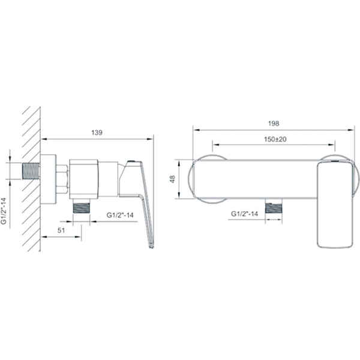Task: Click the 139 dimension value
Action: (x=97, y=133)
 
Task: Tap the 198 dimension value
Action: (x=274, y=124)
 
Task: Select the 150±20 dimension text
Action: (x=275, y=139)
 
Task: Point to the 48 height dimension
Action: (x=173, y=179)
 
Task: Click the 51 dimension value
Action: (x=61, y=230)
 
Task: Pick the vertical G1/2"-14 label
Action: (x=4, y=211)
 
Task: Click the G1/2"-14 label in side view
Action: (x=120, y=215)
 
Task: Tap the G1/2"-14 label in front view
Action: (x=244, y=214)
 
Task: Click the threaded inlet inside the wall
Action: (x=31, y=171)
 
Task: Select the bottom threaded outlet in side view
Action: (x=81, y=206)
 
